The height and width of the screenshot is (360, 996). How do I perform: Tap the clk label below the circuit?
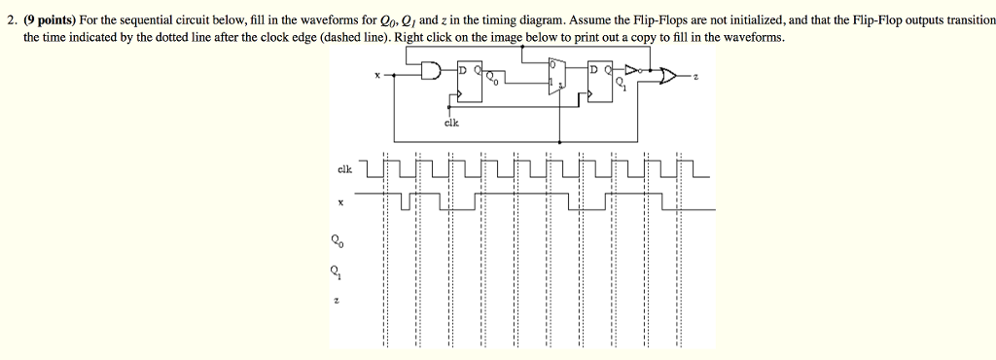[451, 123]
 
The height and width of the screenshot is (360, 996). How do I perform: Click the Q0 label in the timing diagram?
[337, 237]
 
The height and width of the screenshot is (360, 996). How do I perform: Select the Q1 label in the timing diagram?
[337, 271]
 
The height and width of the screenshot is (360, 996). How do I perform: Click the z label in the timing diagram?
[337, 303]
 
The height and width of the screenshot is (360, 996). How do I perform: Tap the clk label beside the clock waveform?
[344, 168]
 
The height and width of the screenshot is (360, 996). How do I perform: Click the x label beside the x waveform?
[339, 202]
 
